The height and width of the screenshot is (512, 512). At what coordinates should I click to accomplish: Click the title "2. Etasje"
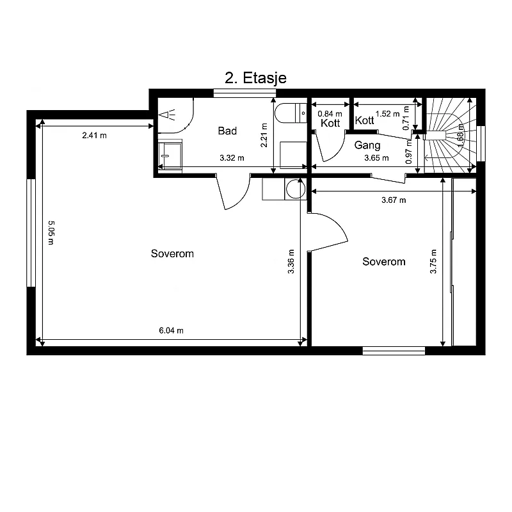tap(255, 78)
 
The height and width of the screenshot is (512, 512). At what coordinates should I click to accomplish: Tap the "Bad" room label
tap(227, 131)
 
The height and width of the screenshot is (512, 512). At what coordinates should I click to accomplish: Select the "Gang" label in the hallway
tap(367, 145)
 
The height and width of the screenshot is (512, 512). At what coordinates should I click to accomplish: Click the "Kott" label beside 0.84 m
tap(330, 123)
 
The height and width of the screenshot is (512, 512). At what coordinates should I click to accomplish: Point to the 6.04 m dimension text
tap(171, 330)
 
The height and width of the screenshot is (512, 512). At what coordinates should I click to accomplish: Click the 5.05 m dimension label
tap(51, 233)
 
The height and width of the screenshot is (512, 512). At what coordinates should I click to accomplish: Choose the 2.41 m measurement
tap(94, 135)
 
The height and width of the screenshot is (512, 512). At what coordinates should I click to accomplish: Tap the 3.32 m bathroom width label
tap(232, 158)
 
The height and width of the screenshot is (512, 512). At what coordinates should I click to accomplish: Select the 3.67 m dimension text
tap(394, 200)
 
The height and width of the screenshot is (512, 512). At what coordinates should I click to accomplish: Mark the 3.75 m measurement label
tap(433, 262)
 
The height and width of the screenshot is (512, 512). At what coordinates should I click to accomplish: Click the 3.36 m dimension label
tap(291, 262)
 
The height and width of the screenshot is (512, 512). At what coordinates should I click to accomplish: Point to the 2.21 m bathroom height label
tap(264, 135)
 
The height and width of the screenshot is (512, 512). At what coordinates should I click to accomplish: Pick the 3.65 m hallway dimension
tap(376, 158)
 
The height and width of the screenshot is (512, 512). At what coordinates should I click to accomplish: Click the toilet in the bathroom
tap(291, 113)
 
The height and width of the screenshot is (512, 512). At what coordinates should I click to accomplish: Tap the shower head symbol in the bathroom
tap(166, 115)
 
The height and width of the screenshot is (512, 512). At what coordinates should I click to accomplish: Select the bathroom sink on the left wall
tap(170, 156)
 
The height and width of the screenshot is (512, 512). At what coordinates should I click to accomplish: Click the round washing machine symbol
tap(296, 189)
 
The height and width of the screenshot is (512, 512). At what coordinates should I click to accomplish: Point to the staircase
tap(450, 135)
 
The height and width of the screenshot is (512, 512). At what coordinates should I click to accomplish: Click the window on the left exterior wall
tap(31, 233)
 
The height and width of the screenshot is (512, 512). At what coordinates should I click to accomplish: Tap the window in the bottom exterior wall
tap(394, 351)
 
